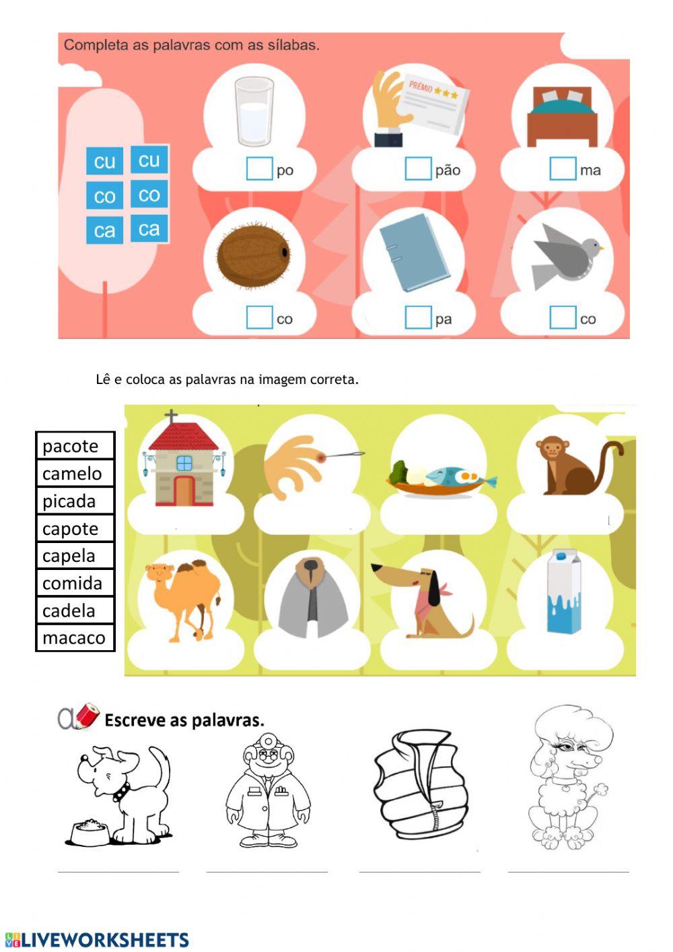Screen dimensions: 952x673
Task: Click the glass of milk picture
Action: click(x=254, y=111)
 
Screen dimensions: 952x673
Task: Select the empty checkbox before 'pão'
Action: click(x=417, y=168)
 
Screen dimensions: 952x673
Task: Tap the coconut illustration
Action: click(x=253, y=255)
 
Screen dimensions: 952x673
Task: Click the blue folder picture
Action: click(x=413, y=253)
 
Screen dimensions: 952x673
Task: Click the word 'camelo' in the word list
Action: click(x=72, y=474)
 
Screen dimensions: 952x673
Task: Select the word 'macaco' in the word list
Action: click(x=73, y=638)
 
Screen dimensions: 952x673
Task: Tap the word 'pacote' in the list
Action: click(x=70, y=446)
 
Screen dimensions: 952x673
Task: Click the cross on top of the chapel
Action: click(x=172, y=416)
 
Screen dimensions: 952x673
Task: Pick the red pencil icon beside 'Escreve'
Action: click(x=86, y=716)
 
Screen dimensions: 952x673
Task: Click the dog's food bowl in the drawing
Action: click(x=88, y=833)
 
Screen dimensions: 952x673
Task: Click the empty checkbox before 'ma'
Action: click(x=563, y=168)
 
